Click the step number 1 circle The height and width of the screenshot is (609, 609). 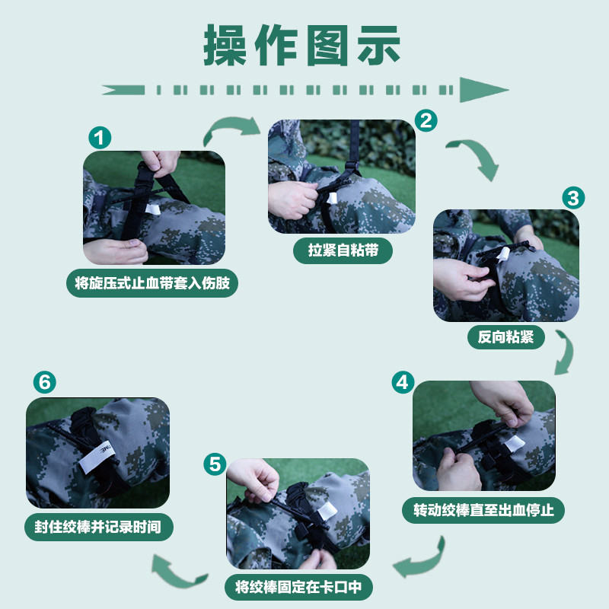(100, 138)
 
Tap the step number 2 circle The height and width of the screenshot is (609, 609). (426, 120)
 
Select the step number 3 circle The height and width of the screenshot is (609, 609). (573, 198)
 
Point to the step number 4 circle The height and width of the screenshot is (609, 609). (403, 383)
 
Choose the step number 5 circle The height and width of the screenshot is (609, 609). (215, 464)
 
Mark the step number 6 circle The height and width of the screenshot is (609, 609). (45, 382)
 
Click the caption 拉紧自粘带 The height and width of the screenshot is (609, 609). (343, 250)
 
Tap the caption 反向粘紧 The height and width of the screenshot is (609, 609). (505, 336)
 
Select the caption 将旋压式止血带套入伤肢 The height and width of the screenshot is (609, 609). (152, 283)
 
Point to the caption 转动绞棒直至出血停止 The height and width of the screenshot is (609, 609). (483, 510)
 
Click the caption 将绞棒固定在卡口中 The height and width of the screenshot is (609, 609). (298, 587)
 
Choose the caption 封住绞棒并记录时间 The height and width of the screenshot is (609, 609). (98, 527)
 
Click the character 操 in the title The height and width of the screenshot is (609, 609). (225, 46)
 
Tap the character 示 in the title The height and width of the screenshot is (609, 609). (378, 46)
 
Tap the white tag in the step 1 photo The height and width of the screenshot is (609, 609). (153, 210)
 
